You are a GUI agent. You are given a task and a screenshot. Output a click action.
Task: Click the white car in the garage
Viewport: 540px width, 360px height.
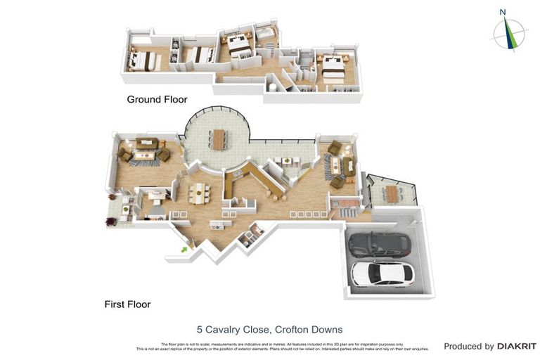380,274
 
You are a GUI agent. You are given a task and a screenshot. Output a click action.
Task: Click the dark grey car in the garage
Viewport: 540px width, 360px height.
380,244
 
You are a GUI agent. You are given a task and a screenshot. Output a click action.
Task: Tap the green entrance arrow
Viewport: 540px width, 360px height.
186,247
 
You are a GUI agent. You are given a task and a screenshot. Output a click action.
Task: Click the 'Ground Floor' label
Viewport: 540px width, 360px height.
157,100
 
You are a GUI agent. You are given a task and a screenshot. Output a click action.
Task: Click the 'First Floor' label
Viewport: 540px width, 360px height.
127,304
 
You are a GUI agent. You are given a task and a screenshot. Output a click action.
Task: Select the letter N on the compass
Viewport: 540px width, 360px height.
503,11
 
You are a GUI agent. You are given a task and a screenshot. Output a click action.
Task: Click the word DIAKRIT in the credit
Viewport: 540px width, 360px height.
517,346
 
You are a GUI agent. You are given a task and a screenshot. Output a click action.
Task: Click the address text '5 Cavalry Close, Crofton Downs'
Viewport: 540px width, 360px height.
269,328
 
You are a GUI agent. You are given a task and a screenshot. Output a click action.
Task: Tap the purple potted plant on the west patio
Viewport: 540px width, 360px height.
110,221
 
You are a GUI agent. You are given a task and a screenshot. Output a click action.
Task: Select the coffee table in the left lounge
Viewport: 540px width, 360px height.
145,153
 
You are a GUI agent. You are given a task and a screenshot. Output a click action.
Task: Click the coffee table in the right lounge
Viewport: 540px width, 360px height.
337,165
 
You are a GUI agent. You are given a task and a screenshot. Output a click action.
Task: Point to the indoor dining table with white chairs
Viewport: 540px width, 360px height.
200,192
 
